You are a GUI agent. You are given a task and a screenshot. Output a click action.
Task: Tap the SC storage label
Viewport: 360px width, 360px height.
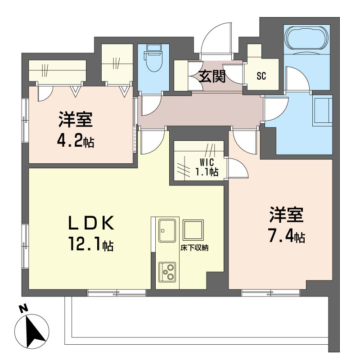click(x=261, y=76)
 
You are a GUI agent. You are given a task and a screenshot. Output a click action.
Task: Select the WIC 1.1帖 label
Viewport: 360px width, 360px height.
click(x=207, y=167)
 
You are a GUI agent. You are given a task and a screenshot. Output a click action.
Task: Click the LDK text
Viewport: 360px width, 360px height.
click(x=91, y=223)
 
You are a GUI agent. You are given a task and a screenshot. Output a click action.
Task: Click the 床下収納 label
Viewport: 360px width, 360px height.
click(x=194, y=248)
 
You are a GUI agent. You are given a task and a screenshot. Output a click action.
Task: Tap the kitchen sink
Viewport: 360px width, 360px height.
click(x=167, y=230)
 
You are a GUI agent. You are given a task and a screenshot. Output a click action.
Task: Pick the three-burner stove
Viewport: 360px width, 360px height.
click(x=167, y=272)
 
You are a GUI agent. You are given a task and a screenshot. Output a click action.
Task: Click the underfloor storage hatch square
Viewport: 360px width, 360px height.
click(x=193, y=230)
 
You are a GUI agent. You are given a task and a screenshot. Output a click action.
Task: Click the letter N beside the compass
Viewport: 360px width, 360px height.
click(x=23, y=309)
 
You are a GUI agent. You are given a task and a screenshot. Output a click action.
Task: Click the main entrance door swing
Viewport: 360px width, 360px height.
click(x=216, y=39)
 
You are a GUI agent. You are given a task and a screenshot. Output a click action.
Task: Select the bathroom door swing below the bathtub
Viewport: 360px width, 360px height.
click(x=298, y=79)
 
